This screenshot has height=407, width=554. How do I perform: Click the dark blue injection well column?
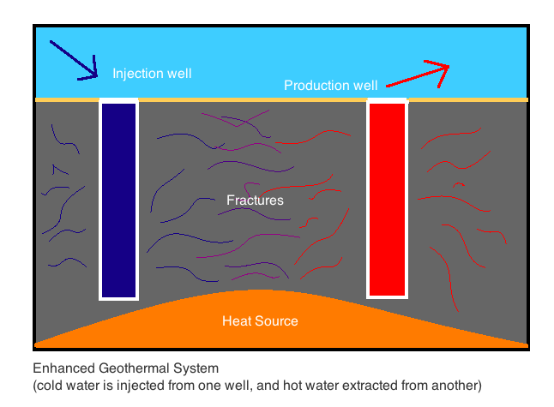(118, 201)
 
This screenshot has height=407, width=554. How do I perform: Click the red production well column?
(388, 200)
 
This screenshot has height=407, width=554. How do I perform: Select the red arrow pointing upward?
(418, 75)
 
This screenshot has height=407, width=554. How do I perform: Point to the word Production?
(316, 85)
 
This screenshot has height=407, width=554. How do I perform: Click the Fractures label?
(255, 201)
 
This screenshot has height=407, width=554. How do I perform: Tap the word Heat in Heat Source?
(237, 320)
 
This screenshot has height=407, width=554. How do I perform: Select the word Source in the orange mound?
(276, 320)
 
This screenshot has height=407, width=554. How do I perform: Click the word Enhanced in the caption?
(64, 368)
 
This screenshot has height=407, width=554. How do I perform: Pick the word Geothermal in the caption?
(134, 368)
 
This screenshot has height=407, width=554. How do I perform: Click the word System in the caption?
(196, 368)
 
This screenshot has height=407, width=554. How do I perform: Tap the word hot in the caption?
(292, 385)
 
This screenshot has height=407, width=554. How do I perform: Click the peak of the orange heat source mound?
(260, 290)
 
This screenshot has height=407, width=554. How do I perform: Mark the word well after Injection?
(179, 74)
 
